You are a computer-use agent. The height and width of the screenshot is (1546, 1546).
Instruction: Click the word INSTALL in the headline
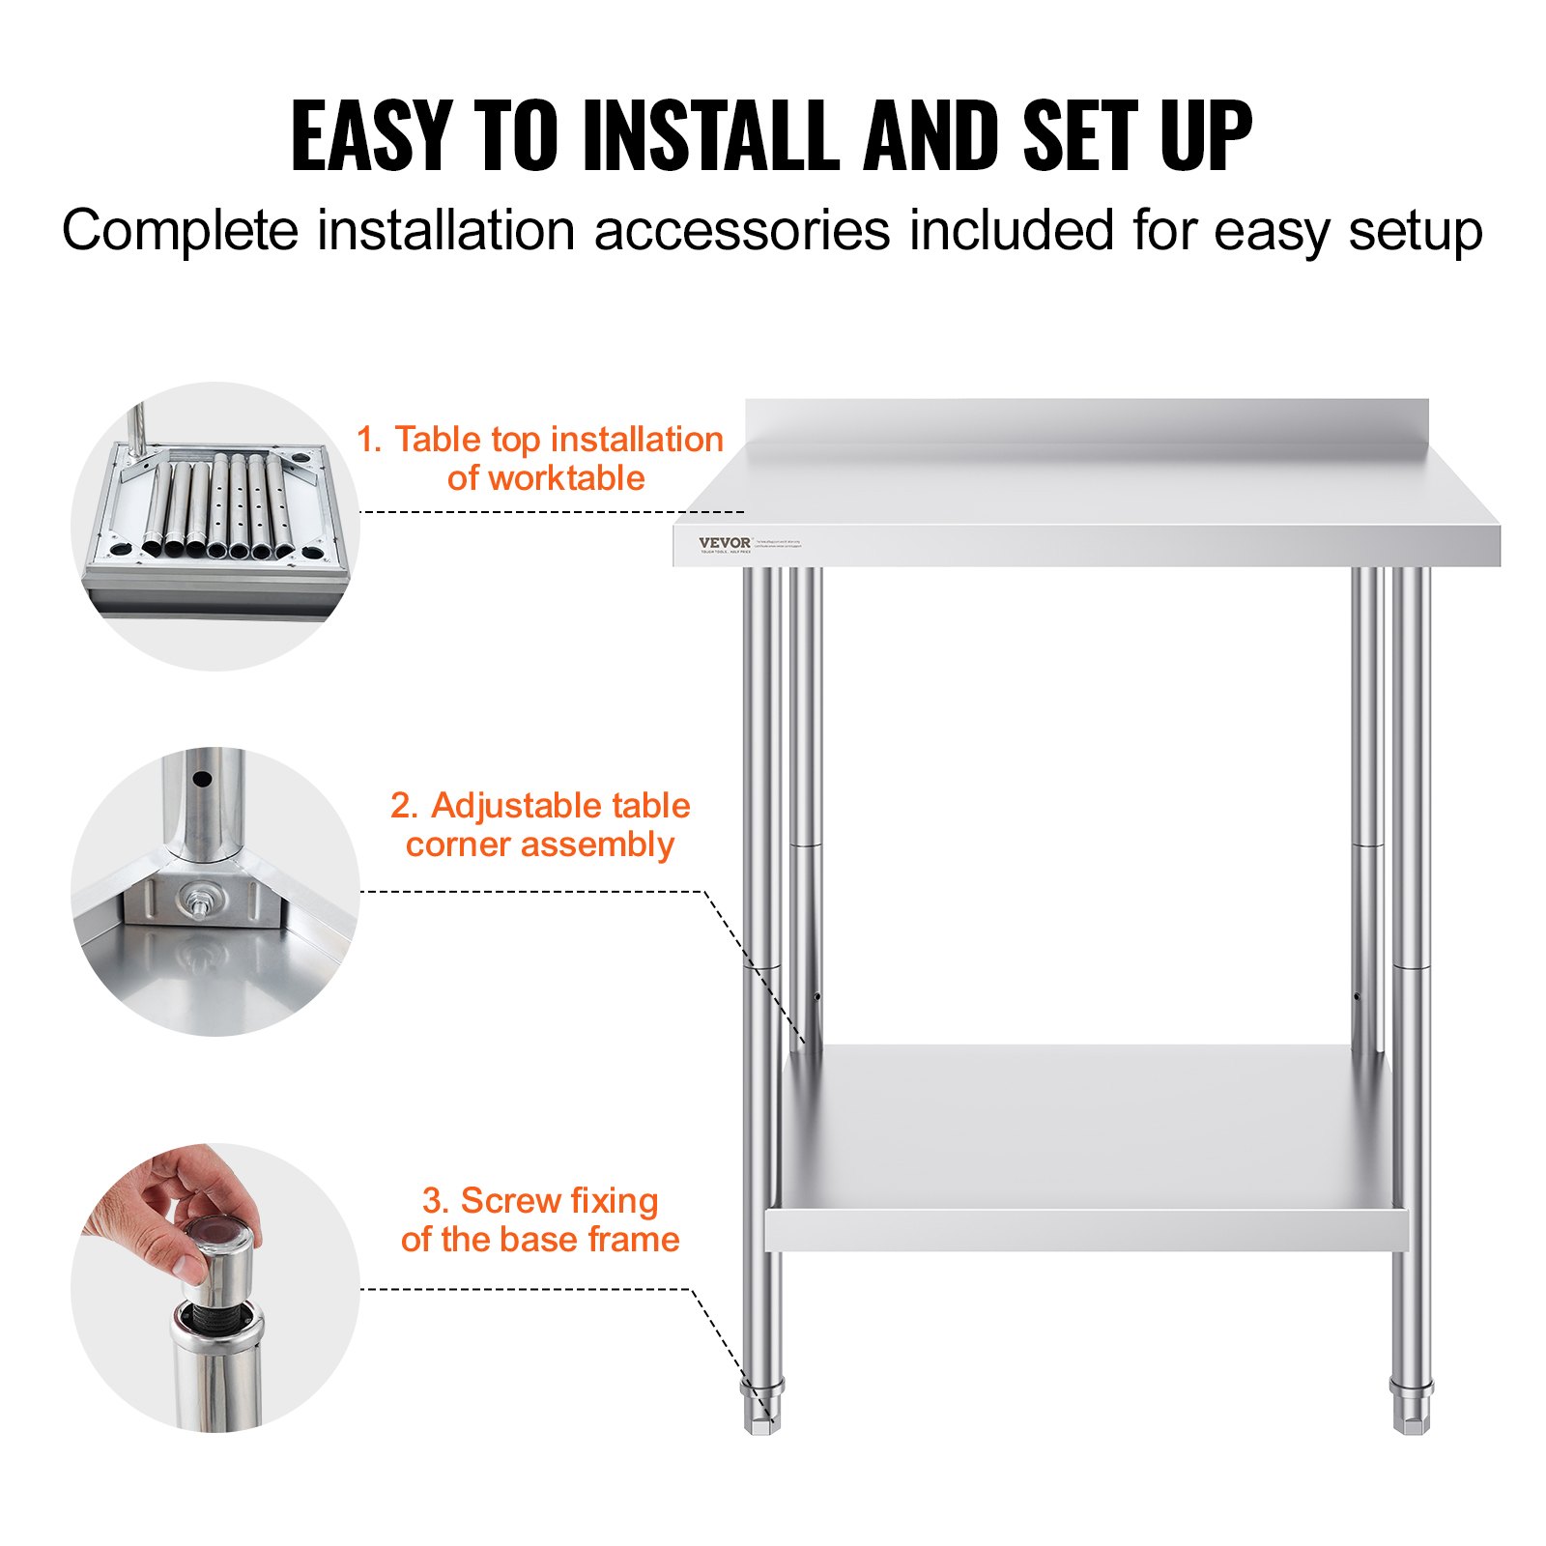[x=710, y=136]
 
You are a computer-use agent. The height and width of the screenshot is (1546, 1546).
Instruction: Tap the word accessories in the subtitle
[x=741, y=232]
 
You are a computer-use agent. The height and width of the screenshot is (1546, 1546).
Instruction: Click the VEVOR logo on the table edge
[x=724, y=543]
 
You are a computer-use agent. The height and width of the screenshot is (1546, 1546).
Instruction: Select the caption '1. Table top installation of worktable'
[x=540, y=458]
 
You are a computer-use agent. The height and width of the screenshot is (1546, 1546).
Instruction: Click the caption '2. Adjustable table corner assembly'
[x=540, y=824]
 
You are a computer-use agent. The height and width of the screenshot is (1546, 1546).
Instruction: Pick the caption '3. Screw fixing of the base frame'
[x=540, y=1219]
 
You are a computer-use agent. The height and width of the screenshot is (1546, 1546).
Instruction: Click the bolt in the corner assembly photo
[x=197, y=902]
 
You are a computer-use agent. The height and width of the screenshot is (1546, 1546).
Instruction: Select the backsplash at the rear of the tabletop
[x=1086, y=422]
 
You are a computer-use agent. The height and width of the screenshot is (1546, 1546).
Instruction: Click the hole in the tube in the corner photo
[x=201, y=779]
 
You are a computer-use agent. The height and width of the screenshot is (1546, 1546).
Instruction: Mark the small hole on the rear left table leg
[x=817, y=996]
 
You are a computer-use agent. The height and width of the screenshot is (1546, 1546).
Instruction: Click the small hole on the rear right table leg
[x=1356, y=996]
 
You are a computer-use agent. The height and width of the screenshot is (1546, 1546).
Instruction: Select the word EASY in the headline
[x=372, y=136]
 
